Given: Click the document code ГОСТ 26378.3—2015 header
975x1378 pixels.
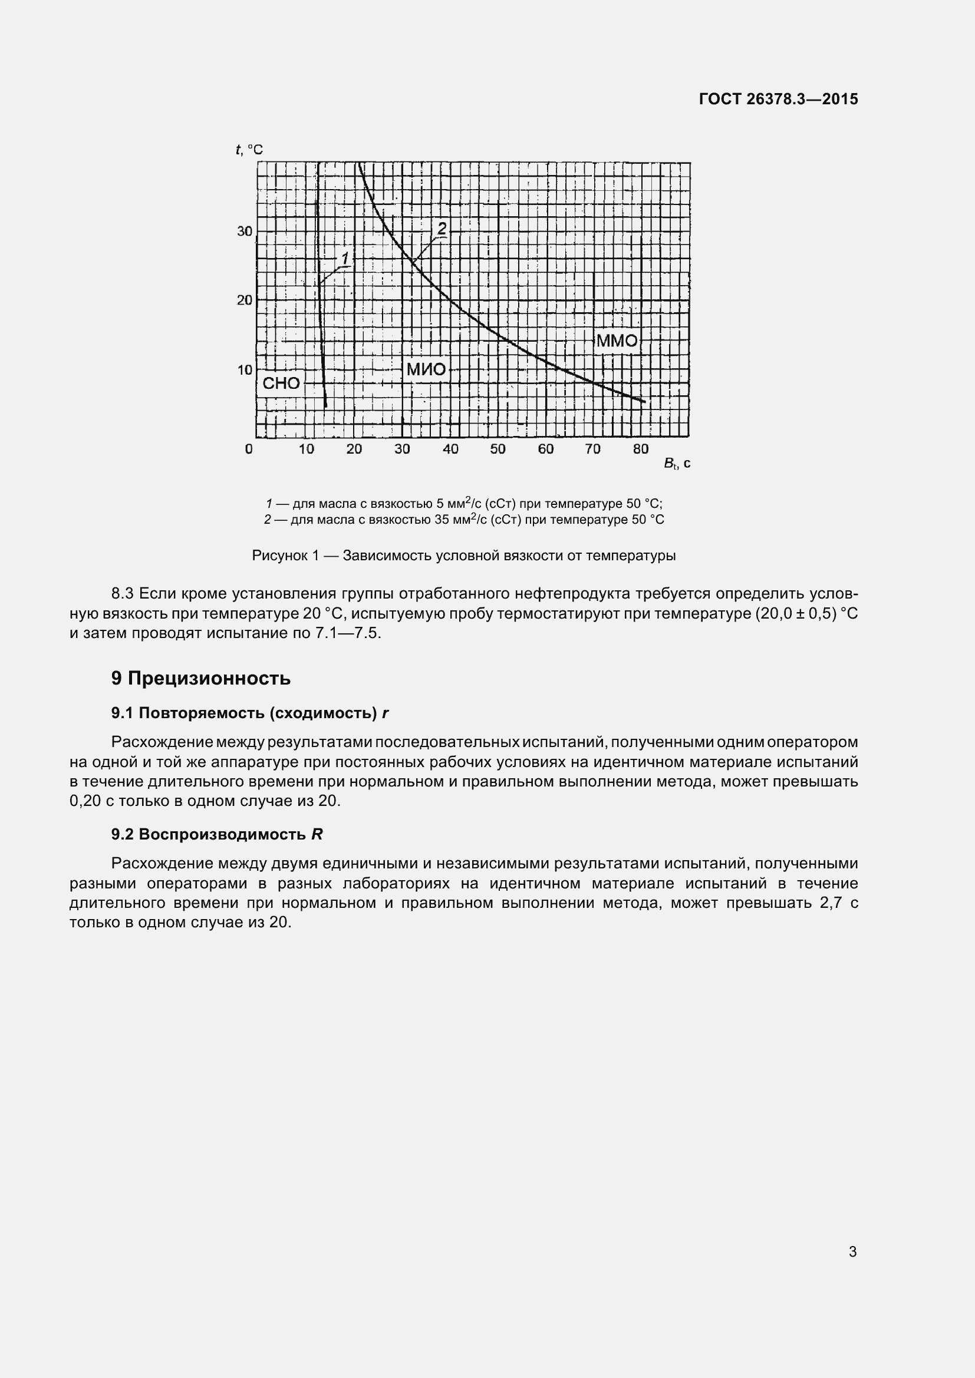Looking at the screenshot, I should point(778,99).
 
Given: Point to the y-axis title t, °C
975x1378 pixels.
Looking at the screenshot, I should point(249,150).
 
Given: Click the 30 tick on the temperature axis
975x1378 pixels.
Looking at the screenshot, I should point(245,230).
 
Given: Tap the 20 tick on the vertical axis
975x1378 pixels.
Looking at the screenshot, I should point(245,299).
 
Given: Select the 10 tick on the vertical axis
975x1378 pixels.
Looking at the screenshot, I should point(245,370).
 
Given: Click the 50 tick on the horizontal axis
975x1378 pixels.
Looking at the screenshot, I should point(498,449).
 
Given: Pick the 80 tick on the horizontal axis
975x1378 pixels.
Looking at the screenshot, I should point(641,449).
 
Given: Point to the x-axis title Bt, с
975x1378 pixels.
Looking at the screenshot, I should point(677,463).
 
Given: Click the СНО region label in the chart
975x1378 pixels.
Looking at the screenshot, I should point(281,384).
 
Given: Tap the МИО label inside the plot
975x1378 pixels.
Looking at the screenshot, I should point(426,369).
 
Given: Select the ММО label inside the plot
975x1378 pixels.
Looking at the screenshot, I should point(617,341).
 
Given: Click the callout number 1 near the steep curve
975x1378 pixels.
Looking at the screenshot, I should point(345,258).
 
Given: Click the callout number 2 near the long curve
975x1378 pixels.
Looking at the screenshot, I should point(442,228).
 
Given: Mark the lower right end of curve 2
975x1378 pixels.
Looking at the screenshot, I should point(644,402).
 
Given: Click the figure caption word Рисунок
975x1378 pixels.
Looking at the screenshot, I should point(279,556).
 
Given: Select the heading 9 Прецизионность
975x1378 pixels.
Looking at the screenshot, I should point(200,678).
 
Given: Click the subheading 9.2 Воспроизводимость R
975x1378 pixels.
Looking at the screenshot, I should point(217,834).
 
